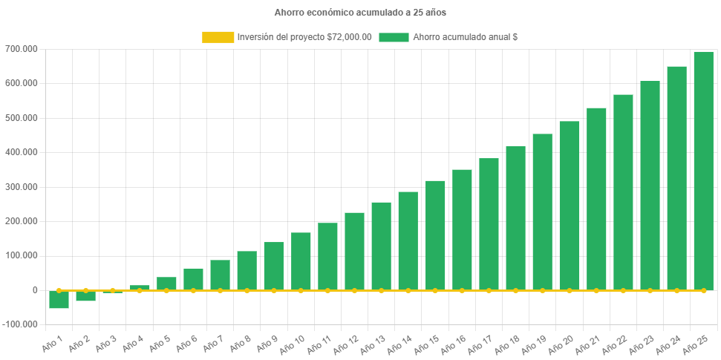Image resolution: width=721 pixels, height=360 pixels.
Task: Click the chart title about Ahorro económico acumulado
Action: pos(360,13)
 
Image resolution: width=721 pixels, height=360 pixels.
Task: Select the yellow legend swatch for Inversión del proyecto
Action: pos(218,37)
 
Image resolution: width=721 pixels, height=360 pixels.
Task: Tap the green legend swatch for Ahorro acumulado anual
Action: pos(394,37)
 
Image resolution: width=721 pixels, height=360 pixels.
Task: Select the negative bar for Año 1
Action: pos(59,300)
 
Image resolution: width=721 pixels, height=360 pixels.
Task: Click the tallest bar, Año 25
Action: pos(703,171)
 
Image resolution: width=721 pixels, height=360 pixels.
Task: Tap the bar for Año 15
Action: pos(435,235)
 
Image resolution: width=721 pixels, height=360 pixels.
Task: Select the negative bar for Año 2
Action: pos(85,296)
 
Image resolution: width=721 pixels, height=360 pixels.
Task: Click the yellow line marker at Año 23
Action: pos(650,290)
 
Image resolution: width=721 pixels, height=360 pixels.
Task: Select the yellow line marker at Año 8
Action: pos(247,290)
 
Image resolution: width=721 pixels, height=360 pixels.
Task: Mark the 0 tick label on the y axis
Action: pos(35,290)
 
